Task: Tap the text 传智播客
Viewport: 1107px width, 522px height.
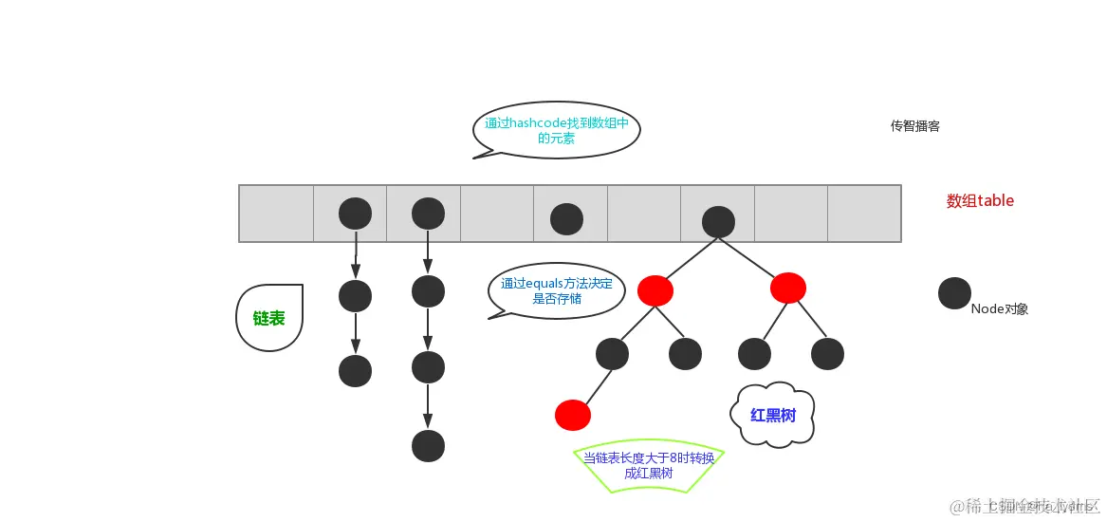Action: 914,126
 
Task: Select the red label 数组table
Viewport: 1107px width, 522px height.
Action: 980,201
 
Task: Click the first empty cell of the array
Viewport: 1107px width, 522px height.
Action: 276,214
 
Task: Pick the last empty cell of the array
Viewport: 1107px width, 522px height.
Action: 864,214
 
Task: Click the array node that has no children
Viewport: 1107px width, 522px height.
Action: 566,219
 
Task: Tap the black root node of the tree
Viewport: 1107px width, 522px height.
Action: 718,221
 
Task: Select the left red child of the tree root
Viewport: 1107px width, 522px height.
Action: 655,290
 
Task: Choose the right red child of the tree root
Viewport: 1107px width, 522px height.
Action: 788,287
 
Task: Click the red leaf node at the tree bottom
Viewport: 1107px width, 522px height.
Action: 573,415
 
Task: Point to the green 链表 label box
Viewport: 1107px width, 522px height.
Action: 269,318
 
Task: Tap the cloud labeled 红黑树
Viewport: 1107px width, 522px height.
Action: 772,415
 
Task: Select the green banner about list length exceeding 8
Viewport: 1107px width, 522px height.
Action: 649,466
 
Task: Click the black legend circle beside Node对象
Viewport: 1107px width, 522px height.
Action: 954,293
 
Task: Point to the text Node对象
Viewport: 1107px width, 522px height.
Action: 999,308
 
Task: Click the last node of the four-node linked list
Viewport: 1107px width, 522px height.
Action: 429,445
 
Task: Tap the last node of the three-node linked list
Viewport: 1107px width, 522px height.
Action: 356,370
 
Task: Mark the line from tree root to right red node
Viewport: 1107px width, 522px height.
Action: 753,254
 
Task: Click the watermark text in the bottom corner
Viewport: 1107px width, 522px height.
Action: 1024,505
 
